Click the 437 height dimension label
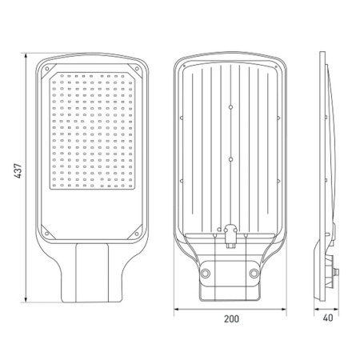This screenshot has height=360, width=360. pos(18,170)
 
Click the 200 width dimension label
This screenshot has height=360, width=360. pos(231,318)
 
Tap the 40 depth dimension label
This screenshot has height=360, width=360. pos(328,318)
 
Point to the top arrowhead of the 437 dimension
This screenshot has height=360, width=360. pos(26,56)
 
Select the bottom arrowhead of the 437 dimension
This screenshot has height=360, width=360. pos(26,299)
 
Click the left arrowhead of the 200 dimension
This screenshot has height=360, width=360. pos(177,309)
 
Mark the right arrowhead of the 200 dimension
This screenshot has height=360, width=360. pos(283,309)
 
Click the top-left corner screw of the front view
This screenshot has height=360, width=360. pos(47,69)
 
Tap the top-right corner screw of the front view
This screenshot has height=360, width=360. pos(137,69)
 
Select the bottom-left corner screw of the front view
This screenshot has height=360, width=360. pos(47,234)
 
